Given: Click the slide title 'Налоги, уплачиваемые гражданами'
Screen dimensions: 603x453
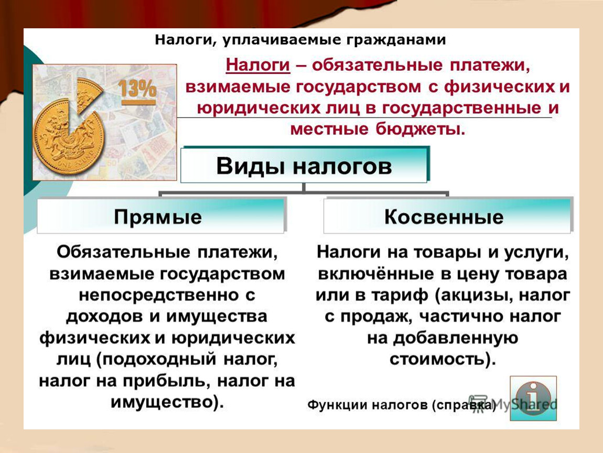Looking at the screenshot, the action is [300, 40].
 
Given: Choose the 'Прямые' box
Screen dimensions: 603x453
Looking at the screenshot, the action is [161, 217].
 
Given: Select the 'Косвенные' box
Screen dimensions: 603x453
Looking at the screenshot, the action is [447, 217].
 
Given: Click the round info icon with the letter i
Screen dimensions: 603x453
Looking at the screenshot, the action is [533, 398].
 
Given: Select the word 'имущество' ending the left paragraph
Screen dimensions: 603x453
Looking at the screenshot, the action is [162, 403].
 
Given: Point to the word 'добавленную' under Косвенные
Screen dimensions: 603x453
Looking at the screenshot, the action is [455, 338].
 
